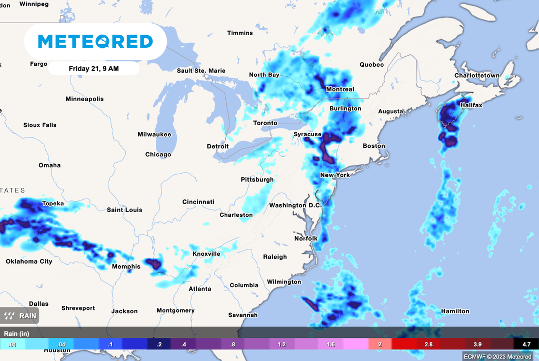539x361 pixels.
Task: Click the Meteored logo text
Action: coord(96,41)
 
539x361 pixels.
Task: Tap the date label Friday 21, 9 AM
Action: coord(93,68)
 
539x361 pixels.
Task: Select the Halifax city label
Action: coord(471,105)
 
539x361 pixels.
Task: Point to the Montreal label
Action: coord(340,89)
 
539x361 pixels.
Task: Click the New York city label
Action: coord(335,175)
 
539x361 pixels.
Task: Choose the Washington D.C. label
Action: coord(295,205)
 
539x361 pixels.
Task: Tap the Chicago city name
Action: coord(158,155)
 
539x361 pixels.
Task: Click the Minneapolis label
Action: coord(84,99)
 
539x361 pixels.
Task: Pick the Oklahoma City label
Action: coord(29,262)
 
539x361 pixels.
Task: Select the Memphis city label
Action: coord(126,267)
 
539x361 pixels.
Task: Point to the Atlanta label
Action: coord(200,289)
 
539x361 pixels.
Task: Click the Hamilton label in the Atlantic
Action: coord(455,311)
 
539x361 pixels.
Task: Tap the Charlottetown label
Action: coord(477,76)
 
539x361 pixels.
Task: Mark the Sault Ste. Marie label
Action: coord(201,71)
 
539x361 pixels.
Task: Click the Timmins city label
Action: coord(240,33)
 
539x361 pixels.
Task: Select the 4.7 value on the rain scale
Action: coord(526,344)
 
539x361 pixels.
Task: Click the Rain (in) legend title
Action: coord(17,334)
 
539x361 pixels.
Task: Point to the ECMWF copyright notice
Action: coord(498,356)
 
